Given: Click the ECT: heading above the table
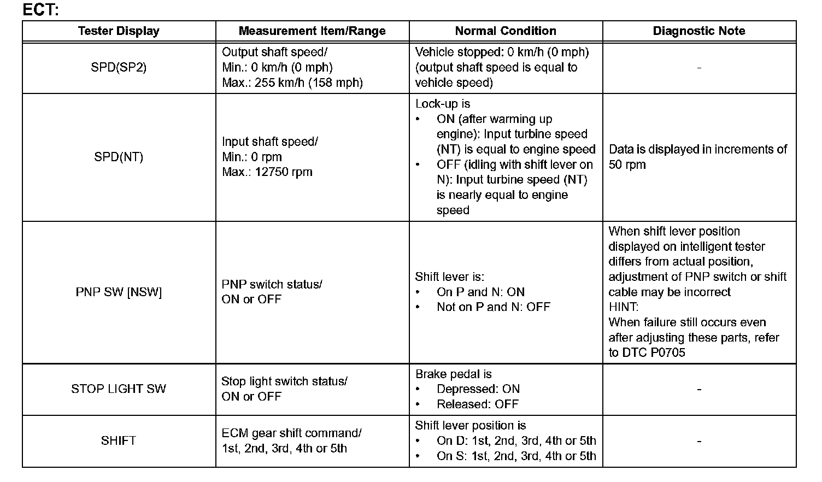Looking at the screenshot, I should tap(40, 9).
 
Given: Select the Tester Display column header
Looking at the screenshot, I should tap(119, 31).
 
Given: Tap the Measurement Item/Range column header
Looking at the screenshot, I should tap(312, 31).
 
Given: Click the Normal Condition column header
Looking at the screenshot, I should tap(506, 31).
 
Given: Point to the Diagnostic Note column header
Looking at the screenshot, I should tap(699, 31).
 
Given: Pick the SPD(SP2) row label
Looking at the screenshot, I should tap(119, 68).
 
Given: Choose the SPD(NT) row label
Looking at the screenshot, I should tap(119, 157).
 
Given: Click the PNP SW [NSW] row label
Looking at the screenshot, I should tap(119, 292).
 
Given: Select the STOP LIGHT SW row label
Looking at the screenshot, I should tap(119, 389).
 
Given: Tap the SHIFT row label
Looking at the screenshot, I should tap(119, 440).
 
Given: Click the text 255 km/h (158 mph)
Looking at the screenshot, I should tap(308, 83).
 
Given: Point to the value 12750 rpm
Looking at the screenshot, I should tap(283, 172).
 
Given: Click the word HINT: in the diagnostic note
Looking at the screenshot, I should tap(624, 307).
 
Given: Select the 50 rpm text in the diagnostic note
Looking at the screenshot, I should tap(627, 165).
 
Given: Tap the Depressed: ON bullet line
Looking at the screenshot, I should tap(478, 389).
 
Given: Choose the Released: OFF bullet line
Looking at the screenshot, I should tap(477, 404).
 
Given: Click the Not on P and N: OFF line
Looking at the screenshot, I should tap(493, 307).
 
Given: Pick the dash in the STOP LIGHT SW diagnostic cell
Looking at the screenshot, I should tap(699, 389).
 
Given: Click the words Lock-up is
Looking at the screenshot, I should tap(442, 104).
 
